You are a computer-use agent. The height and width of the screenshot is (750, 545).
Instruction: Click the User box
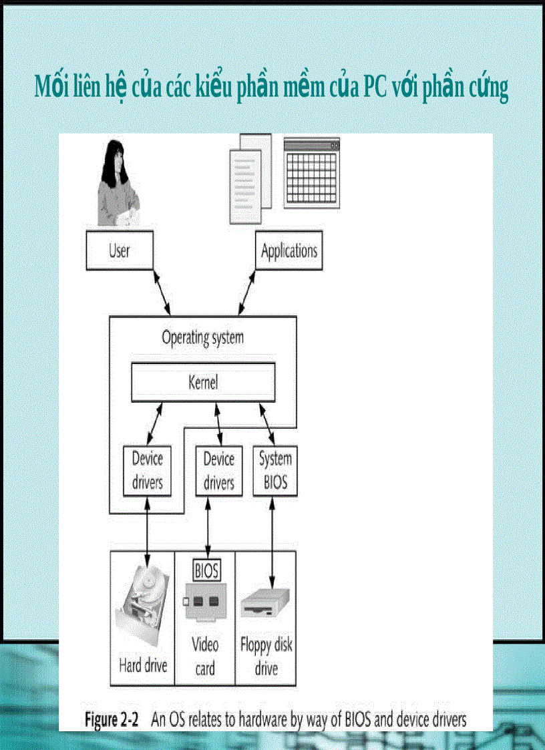[120, 250]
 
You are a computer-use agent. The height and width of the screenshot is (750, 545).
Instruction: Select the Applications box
[289, 251]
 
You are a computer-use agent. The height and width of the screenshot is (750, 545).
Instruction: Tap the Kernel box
[203, 383]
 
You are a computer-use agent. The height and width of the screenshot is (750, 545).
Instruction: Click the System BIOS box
[275, 470]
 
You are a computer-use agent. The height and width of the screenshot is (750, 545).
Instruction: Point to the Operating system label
[202, 337]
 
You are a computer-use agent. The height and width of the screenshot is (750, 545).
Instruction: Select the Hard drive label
[143, 665]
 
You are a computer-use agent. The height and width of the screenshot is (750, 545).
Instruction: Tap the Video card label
[205, 656]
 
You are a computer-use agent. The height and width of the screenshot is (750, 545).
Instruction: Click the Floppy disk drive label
[266, 657]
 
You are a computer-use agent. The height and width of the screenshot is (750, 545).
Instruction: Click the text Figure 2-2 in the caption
[111, 720]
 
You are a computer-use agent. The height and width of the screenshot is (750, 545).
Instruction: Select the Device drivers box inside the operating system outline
[147, 470]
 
